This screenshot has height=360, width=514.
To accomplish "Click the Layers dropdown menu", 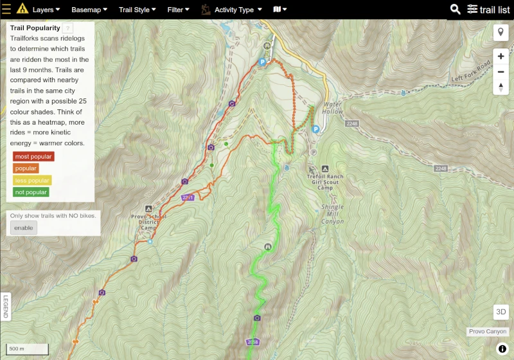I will pos(46,10).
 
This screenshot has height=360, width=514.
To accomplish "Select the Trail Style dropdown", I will pos(137,10).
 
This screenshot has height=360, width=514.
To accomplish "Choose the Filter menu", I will pos(178,10).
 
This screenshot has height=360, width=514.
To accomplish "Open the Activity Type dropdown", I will pos(238,10).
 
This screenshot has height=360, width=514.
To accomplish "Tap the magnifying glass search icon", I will pos(456,9).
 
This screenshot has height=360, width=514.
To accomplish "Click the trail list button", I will pos(489,10).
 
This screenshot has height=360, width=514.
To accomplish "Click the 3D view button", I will pos(501,312).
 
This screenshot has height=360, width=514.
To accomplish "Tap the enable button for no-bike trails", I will pos(23,228).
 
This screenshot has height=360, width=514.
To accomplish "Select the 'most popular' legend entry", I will pos(33,156).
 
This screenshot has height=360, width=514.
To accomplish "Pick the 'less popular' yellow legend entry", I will pos(33,180).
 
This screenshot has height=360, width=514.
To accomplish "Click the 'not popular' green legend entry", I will pos(31,192).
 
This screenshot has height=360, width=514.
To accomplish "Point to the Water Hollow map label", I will pos(333,108).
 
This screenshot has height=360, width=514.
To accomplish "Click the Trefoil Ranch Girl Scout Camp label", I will pos(325,182).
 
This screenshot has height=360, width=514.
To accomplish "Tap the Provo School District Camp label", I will pos(148,222).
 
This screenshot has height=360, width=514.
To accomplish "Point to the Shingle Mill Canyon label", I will pos(333,214).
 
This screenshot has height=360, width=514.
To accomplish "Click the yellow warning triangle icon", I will pos(22,9).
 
